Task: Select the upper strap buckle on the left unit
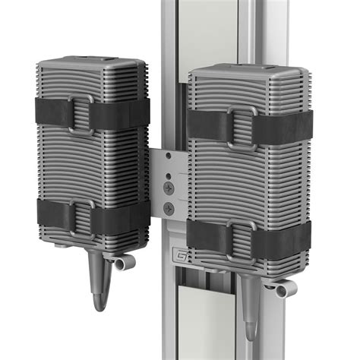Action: point(81,113)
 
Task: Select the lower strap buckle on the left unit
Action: point(81,216)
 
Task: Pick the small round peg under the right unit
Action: point(281,290)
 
